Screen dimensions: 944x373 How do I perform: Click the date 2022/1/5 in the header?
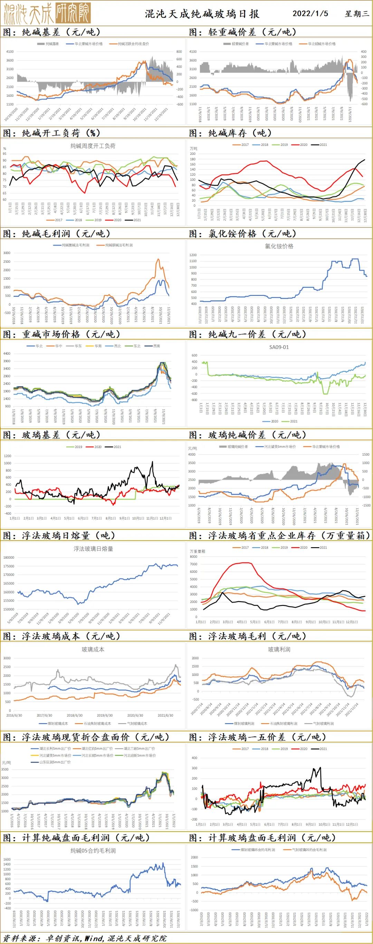[x=310, y=13]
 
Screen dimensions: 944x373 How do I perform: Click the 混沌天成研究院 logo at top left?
[x=47, y=13]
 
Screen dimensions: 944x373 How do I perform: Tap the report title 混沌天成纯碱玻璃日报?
[x=202, y=14]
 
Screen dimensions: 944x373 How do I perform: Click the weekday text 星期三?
[x=357, y=13]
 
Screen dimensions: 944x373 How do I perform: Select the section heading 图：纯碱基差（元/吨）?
[x=51, y=32]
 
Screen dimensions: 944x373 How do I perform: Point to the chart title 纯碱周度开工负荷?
[x=93, y=146]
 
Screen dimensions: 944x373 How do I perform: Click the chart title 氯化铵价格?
[x=279, y=246]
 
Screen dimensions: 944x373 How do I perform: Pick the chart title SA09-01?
[x=279, y=347]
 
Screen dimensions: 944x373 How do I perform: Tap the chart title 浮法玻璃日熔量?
[x=93, y=549]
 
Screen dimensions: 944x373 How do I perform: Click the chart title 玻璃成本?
[x=93, y=649]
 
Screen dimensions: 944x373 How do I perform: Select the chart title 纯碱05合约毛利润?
[x=93, y=851]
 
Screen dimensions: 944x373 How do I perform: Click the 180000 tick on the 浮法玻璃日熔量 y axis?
[x=8, y=558]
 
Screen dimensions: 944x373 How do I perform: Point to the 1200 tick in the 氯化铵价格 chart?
[x=193, y=255]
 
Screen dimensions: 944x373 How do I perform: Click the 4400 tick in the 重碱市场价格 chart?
[x=7, y=354]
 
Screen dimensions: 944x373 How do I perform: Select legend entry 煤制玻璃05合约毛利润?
[x=253, y=849]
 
